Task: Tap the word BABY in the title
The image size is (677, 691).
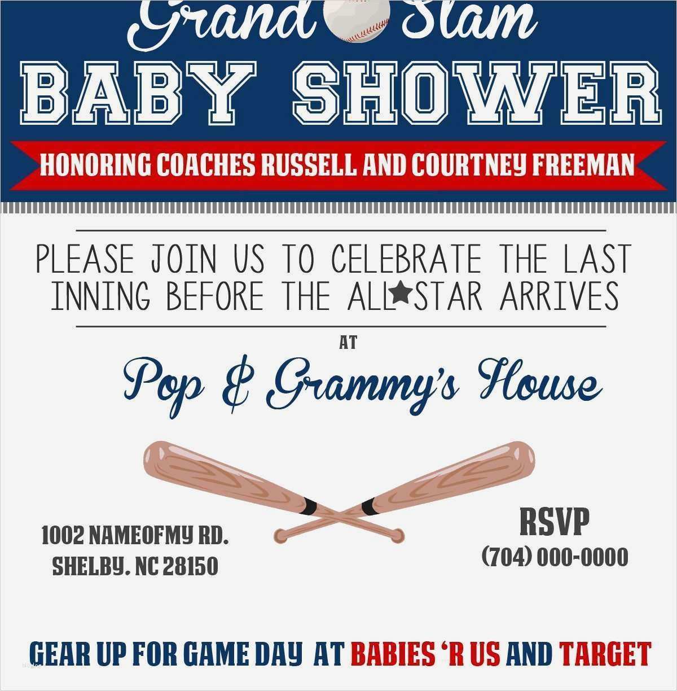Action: coord(137,93)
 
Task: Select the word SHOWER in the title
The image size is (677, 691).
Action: coord(477,93)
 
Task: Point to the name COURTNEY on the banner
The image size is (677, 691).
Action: coord(469,165)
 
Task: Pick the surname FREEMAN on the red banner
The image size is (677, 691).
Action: coord(583,165)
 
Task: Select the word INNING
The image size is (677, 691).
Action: coord(101,296)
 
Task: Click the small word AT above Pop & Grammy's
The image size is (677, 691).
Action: coord(348,343)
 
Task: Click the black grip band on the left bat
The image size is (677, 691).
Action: coord(310,506)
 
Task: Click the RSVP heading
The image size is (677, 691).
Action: coord(555,522)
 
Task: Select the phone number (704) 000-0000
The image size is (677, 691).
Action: coord(555,557)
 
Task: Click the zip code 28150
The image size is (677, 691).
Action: coord(190,566)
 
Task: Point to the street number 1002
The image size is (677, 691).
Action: coord(63,535)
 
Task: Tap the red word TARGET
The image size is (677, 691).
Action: coord(605,653)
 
